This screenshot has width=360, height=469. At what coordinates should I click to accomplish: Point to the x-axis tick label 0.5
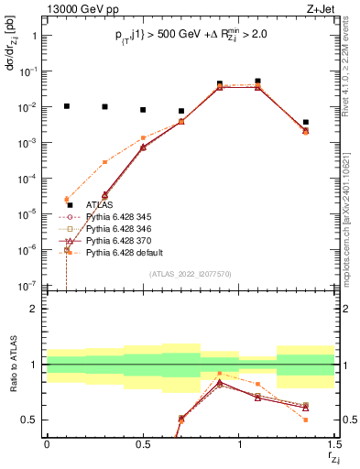tap(143, 445)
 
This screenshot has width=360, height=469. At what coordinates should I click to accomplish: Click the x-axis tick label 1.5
tap(334, 445)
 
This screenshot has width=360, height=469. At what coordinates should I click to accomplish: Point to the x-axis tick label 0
tap(47, 445)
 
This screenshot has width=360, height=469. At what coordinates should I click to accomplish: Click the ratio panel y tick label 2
tap(34, 310)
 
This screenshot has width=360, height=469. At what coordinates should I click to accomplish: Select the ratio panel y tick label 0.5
tap(30, 420)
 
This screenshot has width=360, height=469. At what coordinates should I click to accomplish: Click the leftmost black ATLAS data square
tap(66, 106)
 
